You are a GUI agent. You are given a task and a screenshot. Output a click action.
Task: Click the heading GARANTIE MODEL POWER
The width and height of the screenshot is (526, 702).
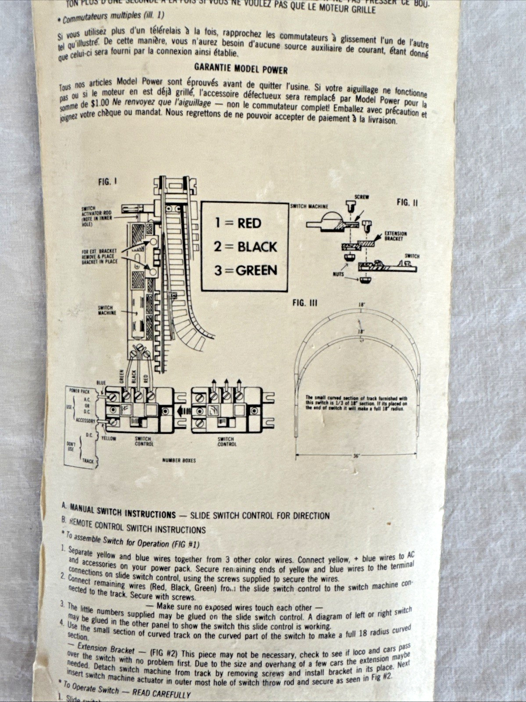coord(241,69)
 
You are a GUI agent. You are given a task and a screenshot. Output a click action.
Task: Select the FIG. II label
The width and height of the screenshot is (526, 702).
coord(407,202)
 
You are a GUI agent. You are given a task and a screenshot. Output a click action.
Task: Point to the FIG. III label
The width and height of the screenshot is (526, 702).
coord(304,303)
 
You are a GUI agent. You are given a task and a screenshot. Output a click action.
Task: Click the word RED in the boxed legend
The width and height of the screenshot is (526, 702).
coord(249,223)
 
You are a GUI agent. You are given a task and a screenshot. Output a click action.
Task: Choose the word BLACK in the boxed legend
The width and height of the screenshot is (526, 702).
coord(257,247)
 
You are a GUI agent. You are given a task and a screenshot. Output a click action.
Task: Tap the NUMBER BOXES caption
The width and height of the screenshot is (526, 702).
coord(179,460)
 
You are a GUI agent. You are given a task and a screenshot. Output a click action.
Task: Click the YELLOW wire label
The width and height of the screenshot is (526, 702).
coord(109,438)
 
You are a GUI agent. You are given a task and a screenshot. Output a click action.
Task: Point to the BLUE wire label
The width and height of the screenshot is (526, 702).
coord(101,382)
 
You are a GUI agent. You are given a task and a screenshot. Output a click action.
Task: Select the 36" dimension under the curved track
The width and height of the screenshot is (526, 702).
coord(356,456)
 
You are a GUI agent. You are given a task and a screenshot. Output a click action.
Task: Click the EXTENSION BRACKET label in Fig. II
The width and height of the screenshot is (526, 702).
coord(395,236)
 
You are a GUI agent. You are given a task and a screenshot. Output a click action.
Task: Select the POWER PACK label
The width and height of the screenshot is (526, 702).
coord(79,390)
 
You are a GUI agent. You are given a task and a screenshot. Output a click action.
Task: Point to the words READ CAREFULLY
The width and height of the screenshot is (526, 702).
coord(161,694)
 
